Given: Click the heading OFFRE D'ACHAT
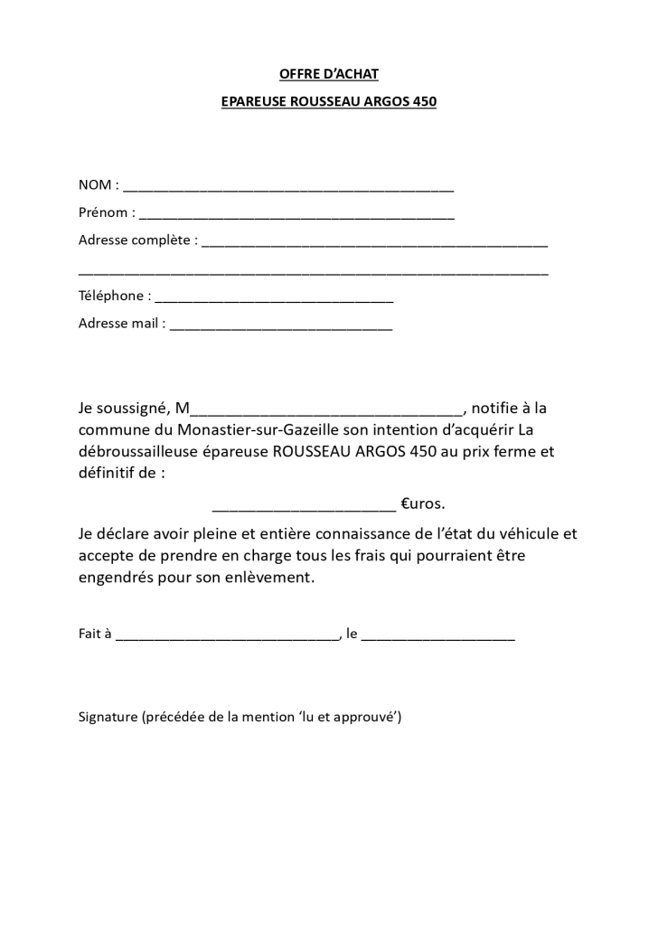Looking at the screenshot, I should pos(328,74).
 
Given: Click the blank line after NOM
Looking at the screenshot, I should pos(288,189).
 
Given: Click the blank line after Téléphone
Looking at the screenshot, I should pos(275,299).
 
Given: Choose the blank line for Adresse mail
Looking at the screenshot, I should pos(281,327).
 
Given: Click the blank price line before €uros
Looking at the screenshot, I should pos(303,507).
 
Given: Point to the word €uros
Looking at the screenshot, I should pos(423,503).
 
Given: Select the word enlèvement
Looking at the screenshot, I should pos(270,577).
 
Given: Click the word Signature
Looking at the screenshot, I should pos(108,718).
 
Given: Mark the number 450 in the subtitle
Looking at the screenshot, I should pos(424,102).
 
